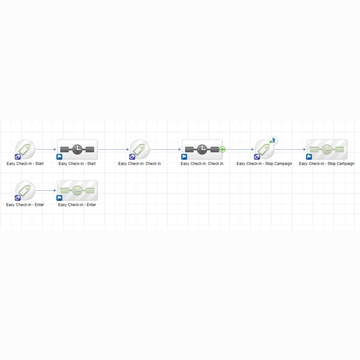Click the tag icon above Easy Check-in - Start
pyautogui.click(x=25, y=149)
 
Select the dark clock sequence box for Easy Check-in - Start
pyautogui.click(x=77, y=150)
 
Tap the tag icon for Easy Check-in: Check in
pyautogui.click(x=139, y=149)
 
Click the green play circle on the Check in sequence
pyautogui.click(x=222, y=150)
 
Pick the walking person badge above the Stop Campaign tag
pyautogui.click(x=273, y=140)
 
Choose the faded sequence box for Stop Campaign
pyautogui.click(x=327, y=150)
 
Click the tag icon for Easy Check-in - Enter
pyautogui.click(x=25, y=190)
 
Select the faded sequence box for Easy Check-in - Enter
pyautogui.click(x=77, y=191)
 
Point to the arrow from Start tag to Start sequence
pyautogui.click(x=46, y=150)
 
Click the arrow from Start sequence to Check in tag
pyautogui.click(x=114, y=150)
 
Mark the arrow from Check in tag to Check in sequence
pyautogui.click(x=166, y=150)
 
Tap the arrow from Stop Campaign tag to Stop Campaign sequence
pyautogui.click(x=291, y=150)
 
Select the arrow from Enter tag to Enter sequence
pyautogui.click(x=46, y=191)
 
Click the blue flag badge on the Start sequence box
pyautogui.click(x=59, y=157)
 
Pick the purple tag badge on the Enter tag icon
pyautogui.click(x=17, y=198)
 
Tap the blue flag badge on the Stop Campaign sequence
pyautogui.click(x=309, y=157)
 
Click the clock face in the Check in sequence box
pyautogui.click(x=202, y=150)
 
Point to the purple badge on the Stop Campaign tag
pyautogui.click(x=257, y=157)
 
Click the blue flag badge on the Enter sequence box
pyautogui.click(x=59, y=198)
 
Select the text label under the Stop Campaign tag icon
pyautogui.click(x=264, y=164)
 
